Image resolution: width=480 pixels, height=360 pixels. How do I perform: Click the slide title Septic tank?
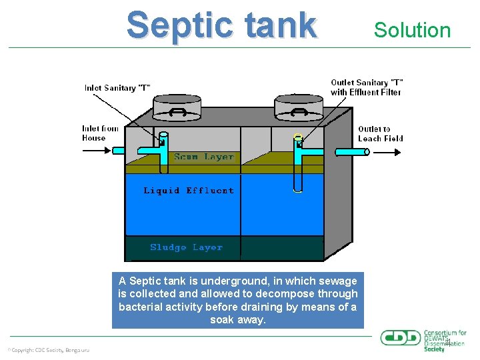[221, 25]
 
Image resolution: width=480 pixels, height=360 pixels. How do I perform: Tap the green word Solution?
[412, 30]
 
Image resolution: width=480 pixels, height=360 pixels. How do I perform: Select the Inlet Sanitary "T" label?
[117, 87]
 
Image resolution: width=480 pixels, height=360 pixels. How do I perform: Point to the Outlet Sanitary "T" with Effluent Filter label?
[367, 87]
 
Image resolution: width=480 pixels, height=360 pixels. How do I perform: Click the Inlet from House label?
[100, 133]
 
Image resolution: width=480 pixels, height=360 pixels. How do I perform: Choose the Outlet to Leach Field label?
[381, 133]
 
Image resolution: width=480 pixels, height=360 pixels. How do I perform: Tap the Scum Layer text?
[204, 157]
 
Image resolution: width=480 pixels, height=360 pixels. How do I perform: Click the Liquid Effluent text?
[189, 191]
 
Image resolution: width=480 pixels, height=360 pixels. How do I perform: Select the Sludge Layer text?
[186, 247]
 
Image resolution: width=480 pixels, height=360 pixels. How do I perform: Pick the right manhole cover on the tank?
[299, 107]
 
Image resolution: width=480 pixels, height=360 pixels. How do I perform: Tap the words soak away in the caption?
[238, 320]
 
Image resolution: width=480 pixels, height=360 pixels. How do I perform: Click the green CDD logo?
[401, 337]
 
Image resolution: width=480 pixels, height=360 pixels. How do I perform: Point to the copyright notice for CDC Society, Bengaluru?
[48, 350]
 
